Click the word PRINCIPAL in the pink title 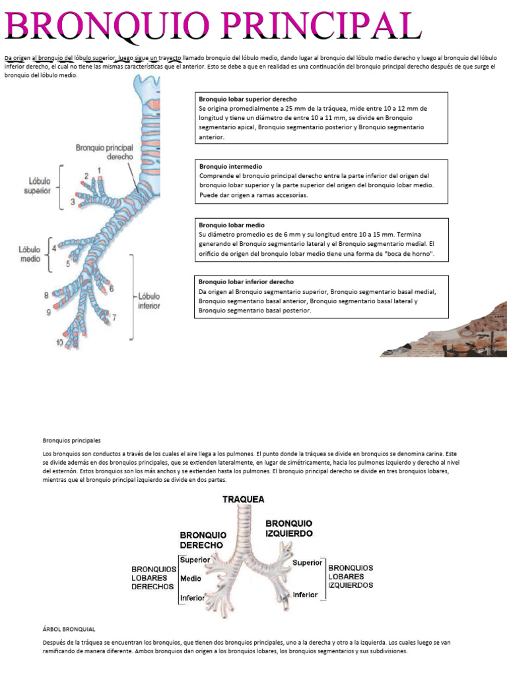click(322, 25)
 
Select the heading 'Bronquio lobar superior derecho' click(248, 99)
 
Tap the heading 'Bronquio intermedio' click(230, 166)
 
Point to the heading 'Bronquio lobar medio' click(232, 225)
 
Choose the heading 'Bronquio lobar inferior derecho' click(246, 281)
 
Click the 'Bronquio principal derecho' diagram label click(105, 152)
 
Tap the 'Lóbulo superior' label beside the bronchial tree click(38, 185)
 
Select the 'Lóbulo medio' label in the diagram click(30, 254)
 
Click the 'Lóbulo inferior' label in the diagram click(149, 301)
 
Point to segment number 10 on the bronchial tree click(59, 342)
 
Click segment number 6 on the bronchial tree click(112, 289)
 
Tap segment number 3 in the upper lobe click(73, 202)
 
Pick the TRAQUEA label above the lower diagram click(244, 500)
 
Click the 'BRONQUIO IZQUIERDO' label click(289, 528)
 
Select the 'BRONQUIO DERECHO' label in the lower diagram click(203, 540)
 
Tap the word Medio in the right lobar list click(191, 579)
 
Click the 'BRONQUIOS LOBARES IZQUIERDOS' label click(351, 576)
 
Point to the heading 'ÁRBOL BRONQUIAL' click(69, 629)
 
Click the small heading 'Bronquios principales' click(71, 440)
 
